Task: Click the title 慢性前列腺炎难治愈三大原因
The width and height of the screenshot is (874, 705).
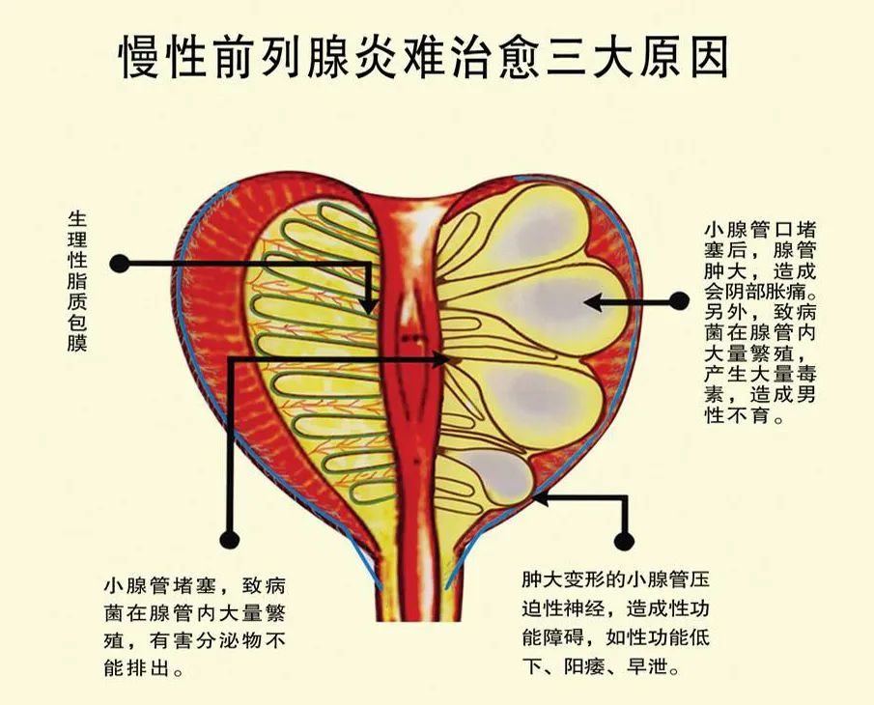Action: click(423, 58)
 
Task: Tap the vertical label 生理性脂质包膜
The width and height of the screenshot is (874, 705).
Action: click(77, 280)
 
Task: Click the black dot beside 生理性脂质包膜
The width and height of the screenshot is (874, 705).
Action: click(119, 263)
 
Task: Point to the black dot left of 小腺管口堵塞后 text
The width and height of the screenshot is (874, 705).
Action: click(679, 301)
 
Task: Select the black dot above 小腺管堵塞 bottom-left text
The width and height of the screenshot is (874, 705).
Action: click(229, 539)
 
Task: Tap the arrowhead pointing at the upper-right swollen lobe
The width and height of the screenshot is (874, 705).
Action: click(590, 302)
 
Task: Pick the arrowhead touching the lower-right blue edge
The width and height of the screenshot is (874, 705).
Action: click(538, 498)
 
